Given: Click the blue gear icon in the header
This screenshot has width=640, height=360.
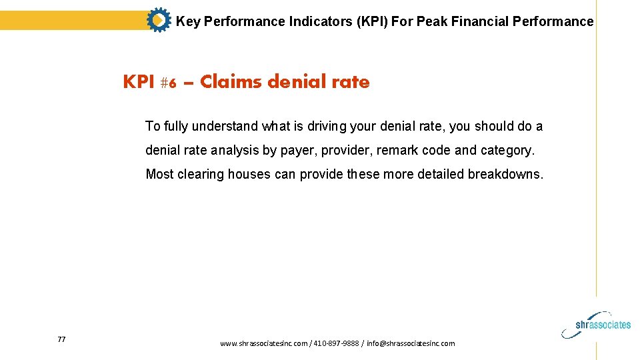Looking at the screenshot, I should pos(158,21).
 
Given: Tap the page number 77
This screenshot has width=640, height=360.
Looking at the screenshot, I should pos(61,340).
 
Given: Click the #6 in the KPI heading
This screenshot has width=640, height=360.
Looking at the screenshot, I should pos(169,83).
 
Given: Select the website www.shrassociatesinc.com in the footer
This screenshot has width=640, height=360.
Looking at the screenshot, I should pos(263,343).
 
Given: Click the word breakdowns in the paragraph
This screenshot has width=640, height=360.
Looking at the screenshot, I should pos(505,175).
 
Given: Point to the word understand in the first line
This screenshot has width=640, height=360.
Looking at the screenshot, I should pos(225,126).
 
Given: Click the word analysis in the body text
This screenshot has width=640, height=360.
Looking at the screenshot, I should pos(233,151).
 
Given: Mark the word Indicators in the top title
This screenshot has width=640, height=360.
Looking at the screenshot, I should pos(320,21).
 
